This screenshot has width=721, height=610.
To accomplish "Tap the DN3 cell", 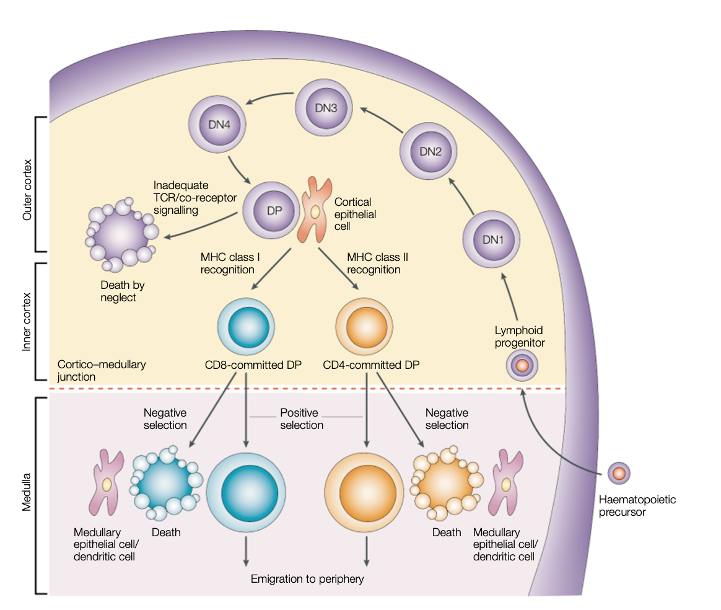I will point(326,108).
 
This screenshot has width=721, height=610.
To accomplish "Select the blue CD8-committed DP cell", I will point(247,325).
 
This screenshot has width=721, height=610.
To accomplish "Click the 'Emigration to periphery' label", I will point(307,579).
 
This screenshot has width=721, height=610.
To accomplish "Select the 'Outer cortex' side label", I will point(27,184).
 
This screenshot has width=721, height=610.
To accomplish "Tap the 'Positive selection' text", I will point(302,419).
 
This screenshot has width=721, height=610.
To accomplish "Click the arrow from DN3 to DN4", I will point(270,98).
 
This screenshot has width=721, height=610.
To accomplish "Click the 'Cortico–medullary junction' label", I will point(101,370).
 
